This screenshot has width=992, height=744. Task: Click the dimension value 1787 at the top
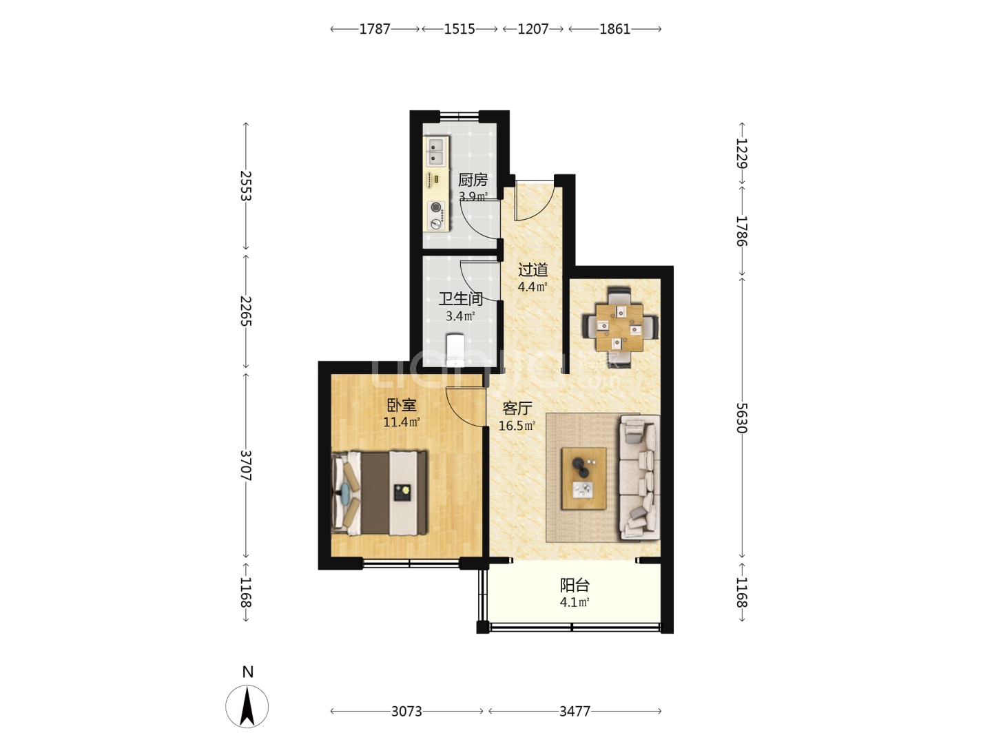[374, 29]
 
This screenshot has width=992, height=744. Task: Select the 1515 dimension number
[459, 29]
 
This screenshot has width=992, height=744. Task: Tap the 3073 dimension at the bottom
[406, 712]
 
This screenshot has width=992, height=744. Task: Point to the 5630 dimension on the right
[742, 417]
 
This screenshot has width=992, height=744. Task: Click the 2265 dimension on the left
[245, 311]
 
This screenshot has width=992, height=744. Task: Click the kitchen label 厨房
[473, 180]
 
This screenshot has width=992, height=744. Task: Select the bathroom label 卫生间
[461, 298]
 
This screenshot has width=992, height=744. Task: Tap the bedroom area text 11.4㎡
[402, 422]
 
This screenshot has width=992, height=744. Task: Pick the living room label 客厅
[517, 409]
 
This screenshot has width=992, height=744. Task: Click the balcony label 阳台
[575, 586]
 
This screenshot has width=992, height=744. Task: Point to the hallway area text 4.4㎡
[533, 287]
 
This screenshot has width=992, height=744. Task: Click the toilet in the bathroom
[455, 349]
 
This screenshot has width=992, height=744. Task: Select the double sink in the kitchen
[436, 152]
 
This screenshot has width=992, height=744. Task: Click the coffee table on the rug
[584, 479]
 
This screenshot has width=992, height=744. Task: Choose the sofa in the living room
[639, 477]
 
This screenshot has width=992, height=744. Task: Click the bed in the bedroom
[379, 493]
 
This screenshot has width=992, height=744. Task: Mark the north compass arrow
[247, 707]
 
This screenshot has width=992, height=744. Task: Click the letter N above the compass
[248, 672]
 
